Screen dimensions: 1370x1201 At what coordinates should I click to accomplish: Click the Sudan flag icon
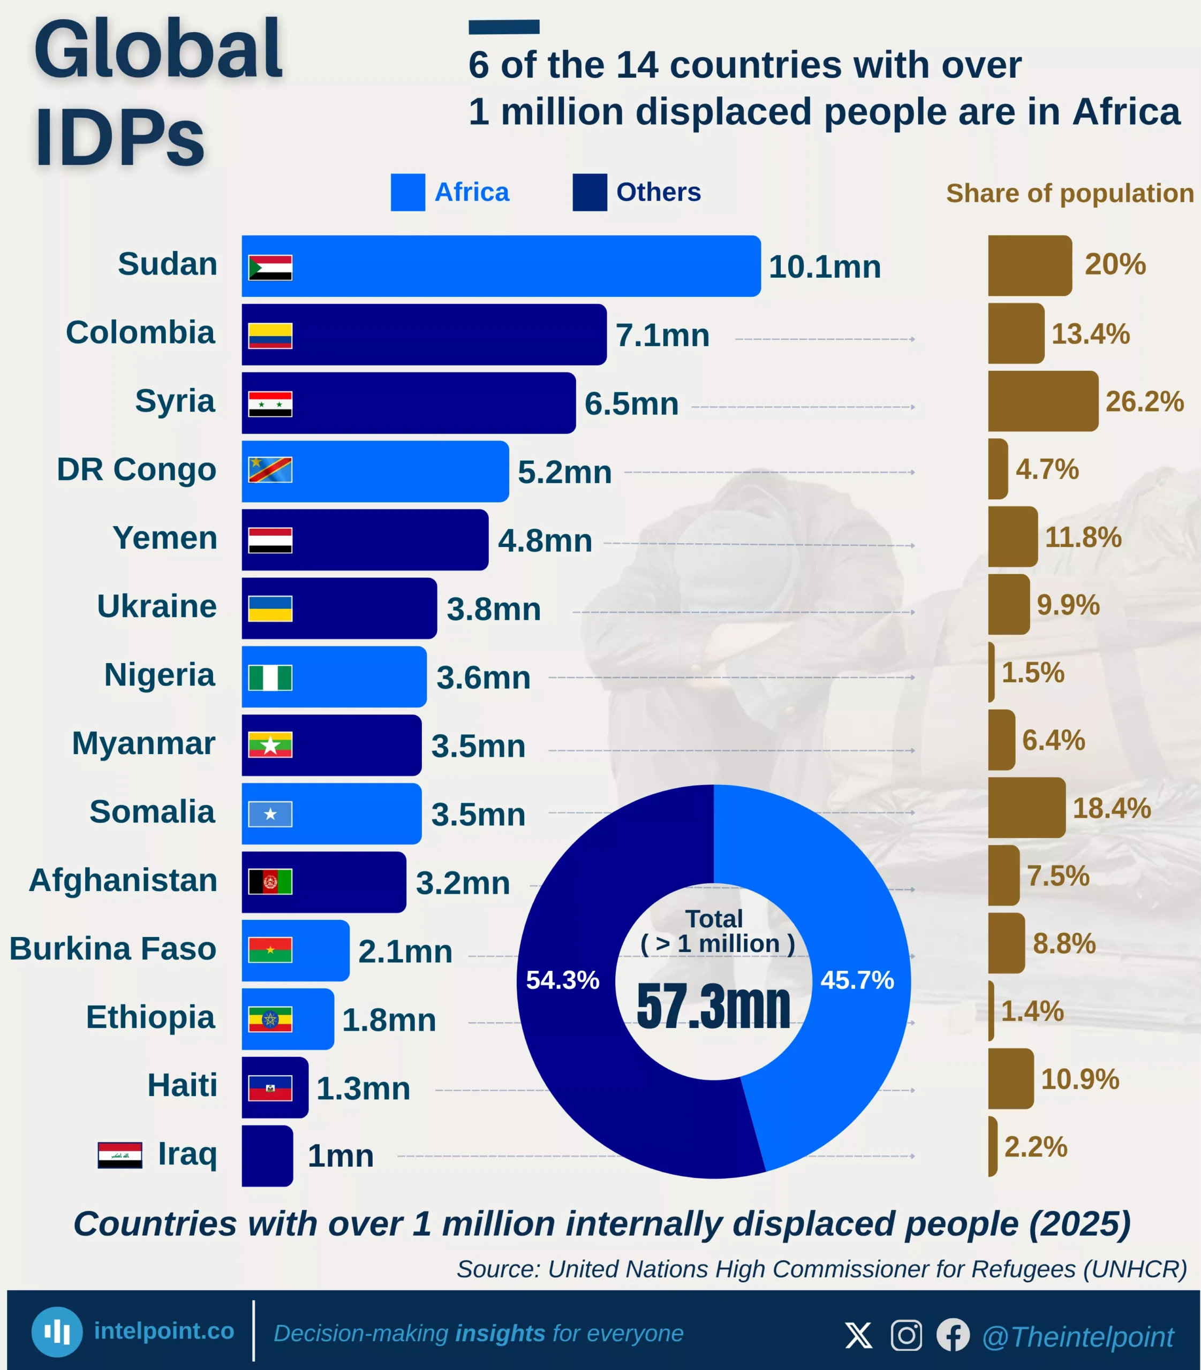(x=270, y=267)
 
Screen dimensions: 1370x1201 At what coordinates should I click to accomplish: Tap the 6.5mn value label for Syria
(x=631, y=404)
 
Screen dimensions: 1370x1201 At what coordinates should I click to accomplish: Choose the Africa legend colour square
(x=407, y=192)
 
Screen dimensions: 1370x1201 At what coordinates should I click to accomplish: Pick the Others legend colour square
(x=589, y=192)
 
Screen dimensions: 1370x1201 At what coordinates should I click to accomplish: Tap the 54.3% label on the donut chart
(x=562, y=980)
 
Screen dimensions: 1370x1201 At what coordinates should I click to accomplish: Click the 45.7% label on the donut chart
(x=857, y=980)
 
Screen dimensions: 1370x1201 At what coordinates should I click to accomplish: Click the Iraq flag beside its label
(x=120, y=1155)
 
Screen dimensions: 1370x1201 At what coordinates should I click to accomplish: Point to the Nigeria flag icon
(x=270, y=678)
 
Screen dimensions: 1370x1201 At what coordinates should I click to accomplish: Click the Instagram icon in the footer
(x=906, y=1335)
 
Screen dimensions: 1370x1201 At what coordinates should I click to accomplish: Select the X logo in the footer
(x=858, y=1335)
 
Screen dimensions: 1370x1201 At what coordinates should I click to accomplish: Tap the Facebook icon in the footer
(x=953, y=1335)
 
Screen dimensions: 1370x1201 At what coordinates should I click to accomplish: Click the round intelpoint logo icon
(x=57, y=1332)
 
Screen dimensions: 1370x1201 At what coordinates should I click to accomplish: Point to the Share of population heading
(x=1070, y=193)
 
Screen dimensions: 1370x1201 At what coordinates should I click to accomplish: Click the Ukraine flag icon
(x=270, y=609)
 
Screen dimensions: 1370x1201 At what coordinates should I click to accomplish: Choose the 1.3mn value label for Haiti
(x=363, y=1089)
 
